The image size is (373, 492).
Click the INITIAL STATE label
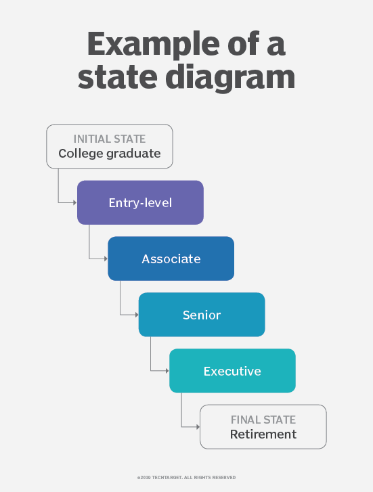tap(110, 139)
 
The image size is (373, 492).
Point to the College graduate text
tap(110, 154)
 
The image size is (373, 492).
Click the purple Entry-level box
tap(140, 202)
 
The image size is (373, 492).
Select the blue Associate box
tap(171, 259)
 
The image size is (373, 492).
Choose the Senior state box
tap(202, 315)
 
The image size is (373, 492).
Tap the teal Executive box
tap(232, 371)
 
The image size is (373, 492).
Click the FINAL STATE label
tap(263, 420)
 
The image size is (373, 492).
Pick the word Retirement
tap(263, 434)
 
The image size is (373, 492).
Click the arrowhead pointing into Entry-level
tap(74, 202)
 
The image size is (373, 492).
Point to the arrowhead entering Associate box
tap(105, 259)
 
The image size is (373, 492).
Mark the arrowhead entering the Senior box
tap(136, 315)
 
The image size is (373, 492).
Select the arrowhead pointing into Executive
tap(167, 371)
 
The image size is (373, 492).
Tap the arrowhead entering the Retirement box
tap(197, 426)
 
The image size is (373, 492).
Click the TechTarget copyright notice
tap(186, 477)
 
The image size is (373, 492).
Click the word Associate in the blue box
tap(171, 259)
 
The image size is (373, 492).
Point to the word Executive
tap(232, 372)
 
